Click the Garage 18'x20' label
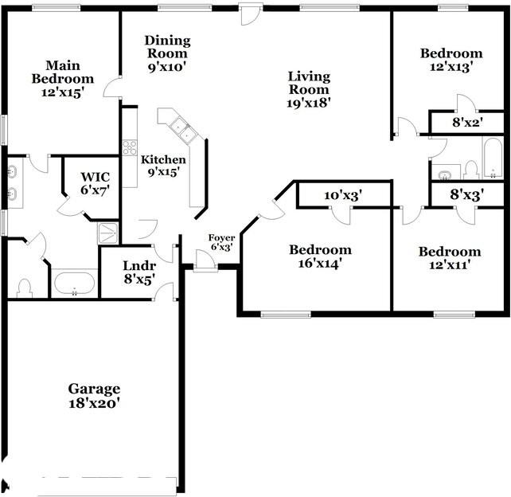(94, 396)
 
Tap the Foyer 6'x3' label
(221, 242)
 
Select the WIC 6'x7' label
(96, 184)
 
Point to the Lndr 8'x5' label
(139, 272)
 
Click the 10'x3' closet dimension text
(343, 196)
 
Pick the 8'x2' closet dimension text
(467, 123)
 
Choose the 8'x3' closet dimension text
(466, 194)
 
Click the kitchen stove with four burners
(130, 147)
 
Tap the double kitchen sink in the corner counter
(184, 130)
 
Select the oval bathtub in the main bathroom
(75, 284)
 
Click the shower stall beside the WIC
(108, 233)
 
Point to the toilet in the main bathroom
(25, 288)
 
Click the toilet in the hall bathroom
(470, 170)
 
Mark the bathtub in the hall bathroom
(493, 158)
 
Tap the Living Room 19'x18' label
(309, 90)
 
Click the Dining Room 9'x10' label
(167, 54)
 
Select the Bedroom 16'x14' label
(320, 256)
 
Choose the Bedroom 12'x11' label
(450, 258)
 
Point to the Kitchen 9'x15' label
(163, 166)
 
